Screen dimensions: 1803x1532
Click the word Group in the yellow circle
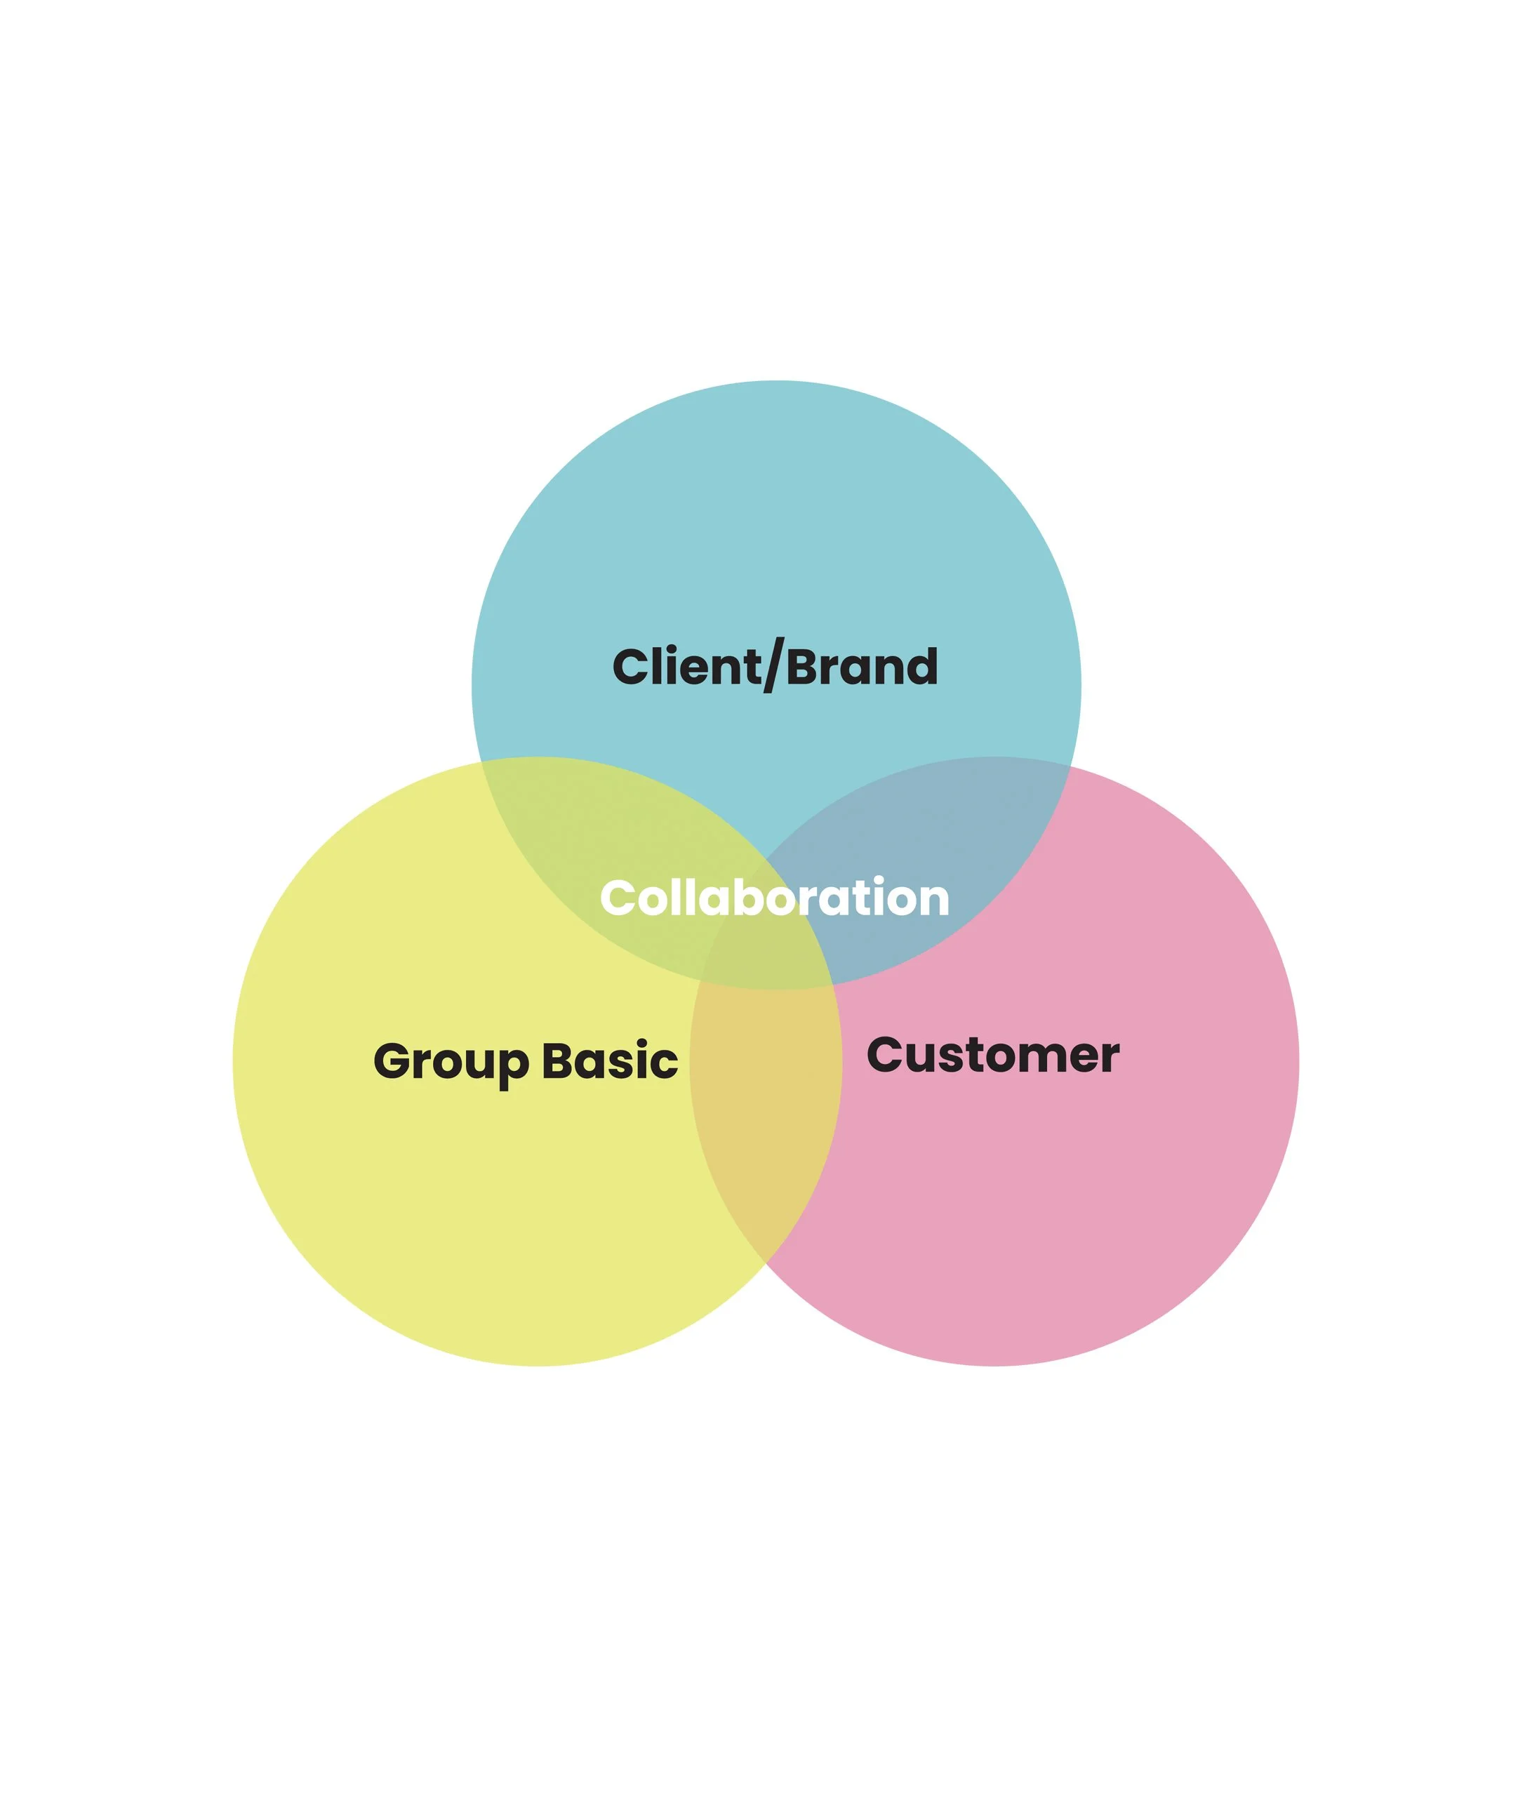click(451, 1061)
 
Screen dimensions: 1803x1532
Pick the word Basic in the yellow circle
click(610, 1061)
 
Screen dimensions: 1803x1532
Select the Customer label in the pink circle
click(992, 1056)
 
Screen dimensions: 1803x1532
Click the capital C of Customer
click(885, 1056)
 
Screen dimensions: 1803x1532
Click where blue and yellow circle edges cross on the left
click(482, 763)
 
